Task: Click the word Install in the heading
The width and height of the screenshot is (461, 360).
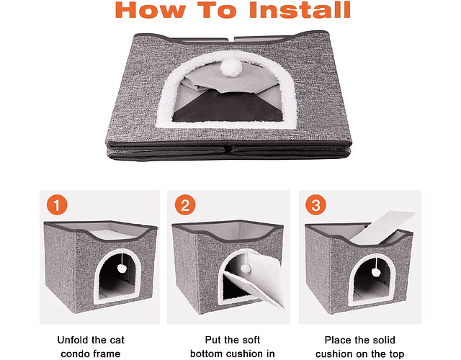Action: click(x=300, y=10)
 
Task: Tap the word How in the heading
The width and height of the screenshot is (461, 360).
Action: click(x=151, y=10)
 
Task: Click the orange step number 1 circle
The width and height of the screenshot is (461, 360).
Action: click(x=57, y=204)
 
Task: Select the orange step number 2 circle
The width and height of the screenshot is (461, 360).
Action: click(x=185, y=204)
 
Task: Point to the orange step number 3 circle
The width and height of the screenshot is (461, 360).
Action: click(x=315, y=204)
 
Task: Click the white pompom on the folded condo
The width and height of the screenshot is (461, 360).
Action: click(x=231, y=68)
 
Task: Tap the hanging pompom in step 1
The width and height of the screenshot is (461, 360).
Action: click(x=121, y=268)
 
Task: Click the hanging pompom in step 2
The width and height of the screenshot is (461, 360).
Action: click(x=246, y=268)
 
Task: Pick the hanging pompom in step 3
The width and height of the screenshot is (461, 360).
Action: click(x=376, y=272)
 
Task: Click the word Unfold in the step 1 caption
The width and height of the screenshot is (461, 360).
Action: click(x=73, y=340)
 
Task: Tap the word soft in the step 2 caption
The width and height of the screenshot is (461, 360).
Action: click(x=250, y=340)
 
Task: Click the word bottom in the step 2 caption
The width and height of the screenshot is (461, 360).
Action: click(x=208, y=354)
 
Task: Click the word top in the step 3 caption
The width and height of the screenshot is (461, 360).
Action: click(x=396, y=354)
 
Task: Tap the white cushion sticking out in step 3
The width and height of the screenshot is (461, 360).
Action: click(x=382, y=228)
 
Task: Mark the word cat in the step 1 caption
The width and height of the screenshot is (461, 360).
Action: click(x=117, y=340)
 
